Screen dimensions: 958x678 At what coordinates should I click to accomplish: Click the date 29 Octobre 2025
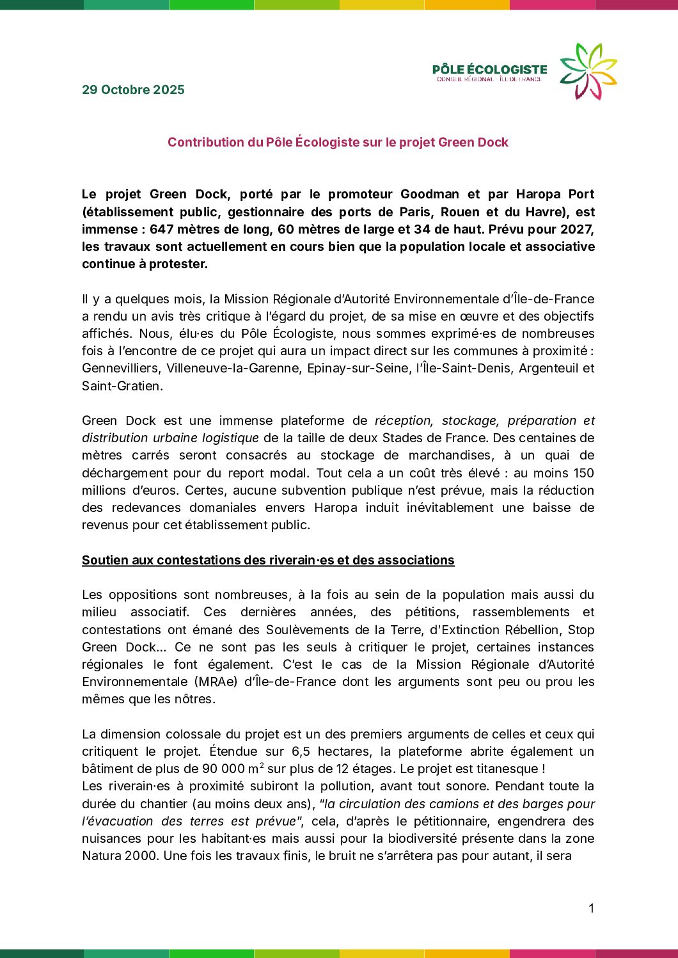(133, 90)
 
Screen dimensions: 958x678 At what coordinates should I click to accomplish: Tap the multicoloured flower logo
(588, 71)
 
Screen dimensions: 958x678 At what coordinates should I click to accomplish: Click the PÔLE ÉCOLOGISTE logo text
(489, 70)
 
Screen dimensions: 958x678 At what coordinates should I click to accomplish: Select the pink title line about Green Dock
(338, 142)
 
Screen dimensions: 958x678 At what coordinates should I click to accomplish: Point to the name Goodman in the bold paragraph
(429, 194)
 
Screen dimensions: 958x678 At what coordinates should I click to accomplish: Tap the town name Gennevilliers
(120, 368)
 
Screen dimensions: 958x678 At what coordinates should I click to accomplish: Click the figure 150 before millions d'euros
(583, 473)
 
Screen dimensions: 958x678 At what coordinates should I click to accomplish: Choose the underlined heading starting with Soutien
(268, 560)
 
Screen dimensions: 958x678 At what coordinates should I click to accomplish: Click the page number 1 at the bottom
(591, 908)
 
